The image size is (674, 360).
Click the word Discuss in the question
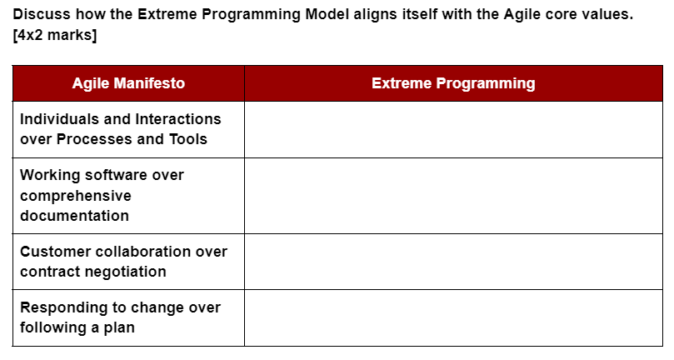click(x=42, y=15)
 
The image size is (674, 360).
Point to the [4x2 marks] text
click(x=55, y=36)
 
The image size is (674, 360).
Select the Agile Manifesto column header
click(x=128, y=83)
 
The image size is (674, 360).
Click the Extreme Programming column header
click(x=453, y=83)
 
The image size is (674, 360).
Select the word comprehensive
click(x=75, y=196)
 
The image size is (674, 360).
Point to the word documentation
click(x=74, y=216)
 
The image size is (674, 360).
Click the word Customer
click(x=54, y=252)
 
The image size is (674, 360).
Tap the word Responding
click(x=59, y=307)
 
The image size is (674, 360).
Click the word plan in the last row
click(x=117, y=327)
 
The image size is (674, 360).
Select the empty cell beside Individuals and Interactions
click(x=453, y=129)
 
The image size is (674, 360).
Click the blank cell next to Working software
click(x=453, y=196)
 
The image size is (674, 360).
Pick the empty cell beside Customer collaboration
click(x=453, y=262)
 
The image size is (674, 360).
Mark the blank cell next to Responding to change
click(x=453, y=317)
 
